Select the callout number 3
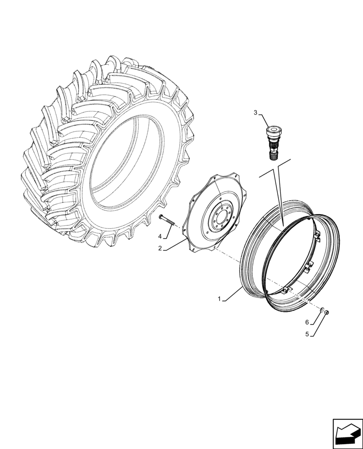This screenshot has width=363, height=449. tap(255, 113)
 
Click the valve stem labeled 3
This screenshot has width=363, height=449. tap(272, 141)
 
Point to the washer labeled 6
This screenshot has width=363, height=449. tap(323, 310)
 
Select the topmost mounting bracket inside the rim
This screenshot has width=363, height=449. tap(316, 236)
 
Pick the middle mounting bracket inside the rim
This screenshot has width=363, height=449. tap(308, 267)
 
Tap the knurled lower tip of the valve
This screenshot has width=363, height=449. tap(273, 155)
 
